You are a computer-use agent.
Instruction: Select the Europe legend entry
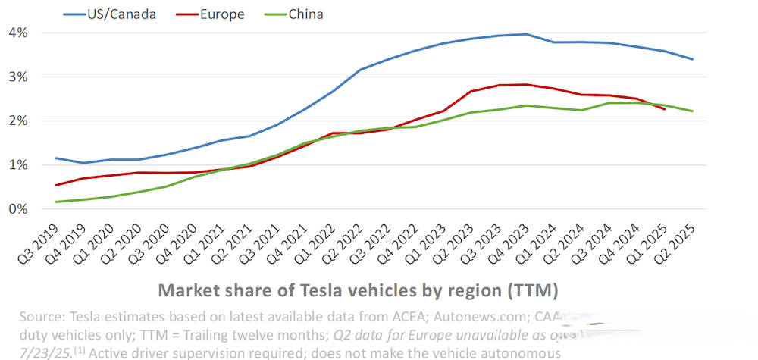221,14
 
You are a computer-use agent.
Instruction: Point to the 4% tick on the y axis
18,33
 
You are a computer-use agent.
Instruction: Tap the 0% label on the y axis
18,208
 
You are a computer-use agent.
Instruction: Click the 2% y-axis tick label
18,121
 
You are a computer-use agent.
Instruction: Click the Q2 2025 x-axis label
676,241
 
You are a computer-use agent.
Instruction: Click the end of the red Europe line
665,110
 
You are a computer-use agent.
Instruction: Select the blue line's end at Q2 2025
692,59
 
